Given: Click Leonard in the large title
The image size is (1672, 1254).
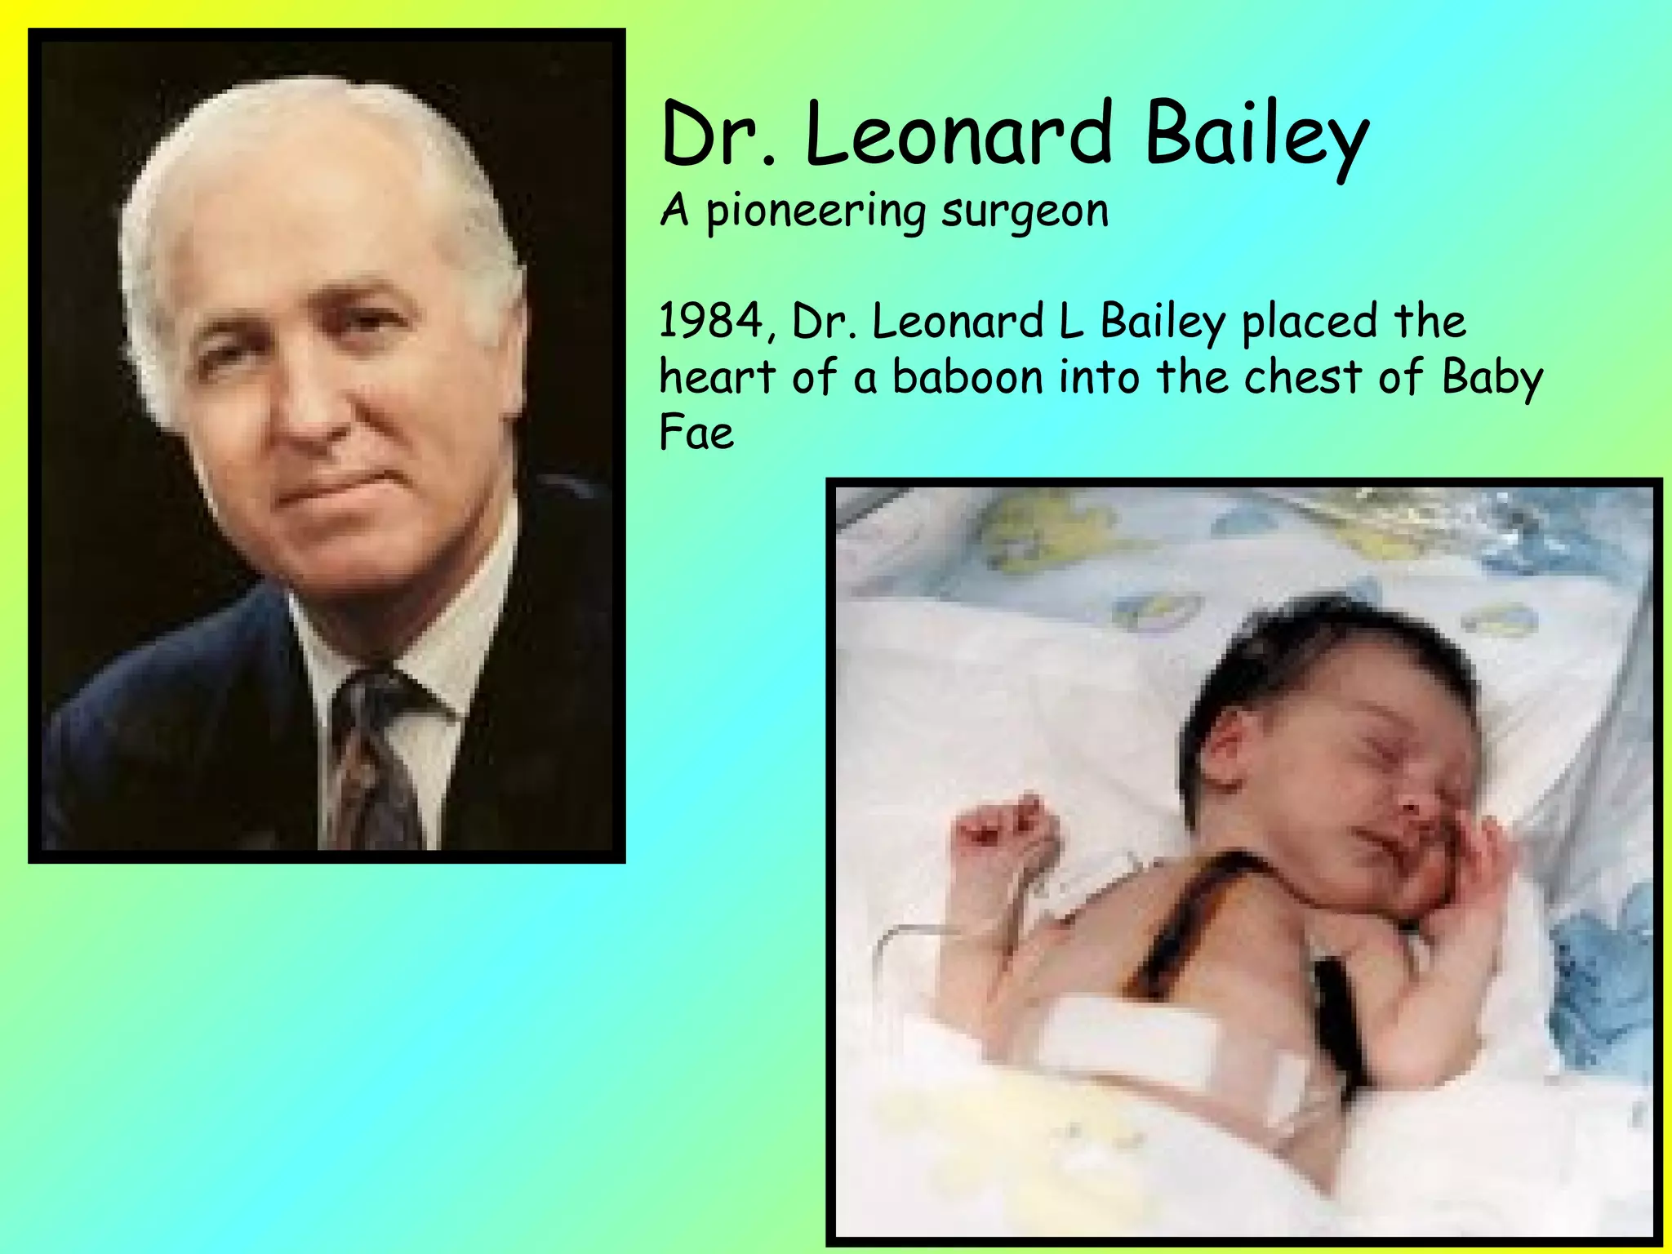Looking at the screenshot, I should [958, 132].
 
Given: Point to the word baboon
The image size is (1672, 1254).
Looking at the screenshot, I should [967, 377].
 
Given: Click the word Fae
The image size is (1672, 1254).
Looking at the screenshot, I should [696, 433].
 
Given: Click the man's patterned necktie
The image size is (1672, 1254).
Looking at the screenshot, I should [371, 751].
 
